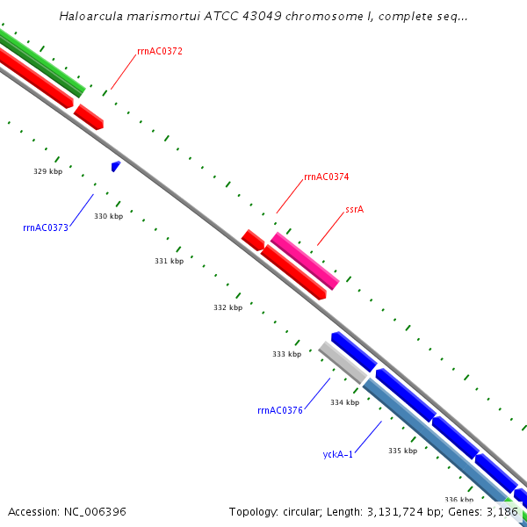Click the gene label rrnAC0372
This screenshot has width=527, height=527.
tap(160, 52)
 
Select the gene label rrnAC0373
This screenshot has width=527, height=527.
tap(46, 227)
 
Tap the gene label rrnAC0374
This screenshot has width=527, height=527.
tap(327, 177)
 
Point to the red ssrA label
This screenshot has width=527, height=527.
tap(354, 210)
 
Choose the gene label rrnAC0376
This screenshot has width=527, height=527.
tap(280, 410)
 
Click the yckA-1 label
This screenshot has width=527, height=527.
tap(338, 454)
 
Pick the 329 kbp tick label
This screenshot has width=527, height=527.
tap(47, 172)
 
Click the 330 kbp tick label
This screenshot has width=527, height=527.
tap(108, 216)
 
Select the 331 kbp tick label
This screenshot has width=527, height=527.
tap(169, 261)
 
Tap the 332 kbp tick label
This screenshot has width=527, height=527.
tap(227, 307)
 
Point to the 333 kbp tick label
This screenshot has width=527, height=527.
tap(286, 355)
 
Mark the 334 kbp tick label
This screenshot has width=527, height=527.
tap(344, 402)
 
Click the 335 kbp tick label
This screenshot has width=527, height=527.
tap(402, 451)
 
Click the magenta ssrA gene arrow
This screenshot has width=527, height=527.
tap(305, 261)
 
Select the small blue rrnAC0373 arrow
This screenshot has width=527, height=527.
tap(115, 165)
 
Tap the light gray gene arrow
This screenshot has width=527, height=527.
tap(342, 362)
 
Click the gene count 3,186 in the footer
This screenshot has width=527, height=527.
tap(502, 511)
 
